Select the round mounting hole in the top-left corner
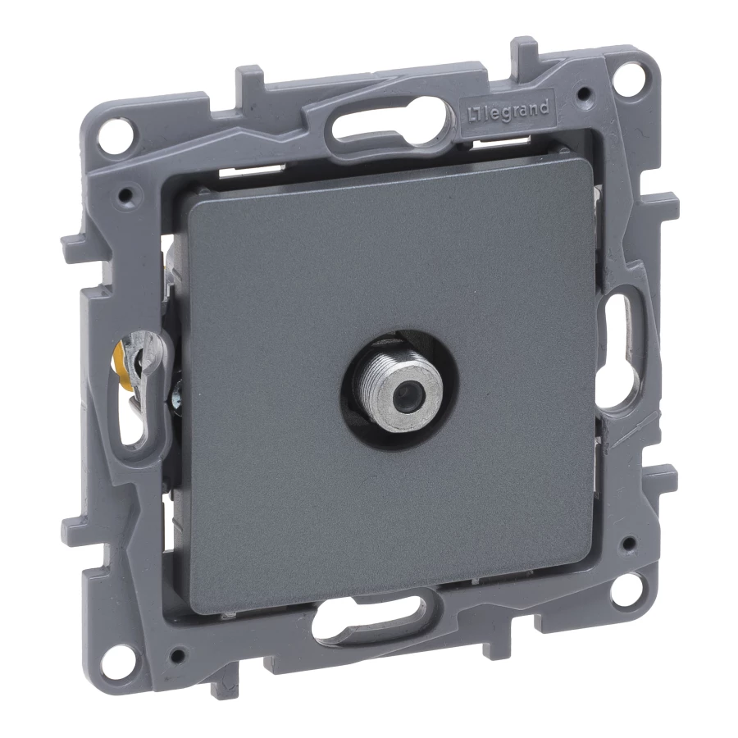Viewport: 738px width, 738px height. coord(115,130)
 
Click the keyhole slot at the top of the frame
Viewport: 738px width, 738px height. coord(389,121)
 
